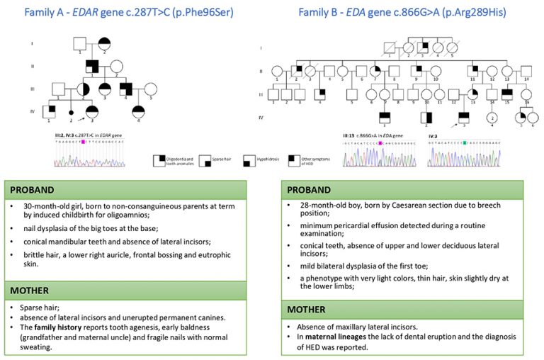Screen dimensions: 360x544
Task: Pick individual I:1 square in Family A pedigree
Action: (79, 44)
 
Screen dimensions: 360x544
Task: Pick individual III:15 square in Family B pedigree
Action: (506, 92)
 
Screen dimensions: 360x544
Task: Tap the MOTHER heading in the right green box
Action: (307, 309)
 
